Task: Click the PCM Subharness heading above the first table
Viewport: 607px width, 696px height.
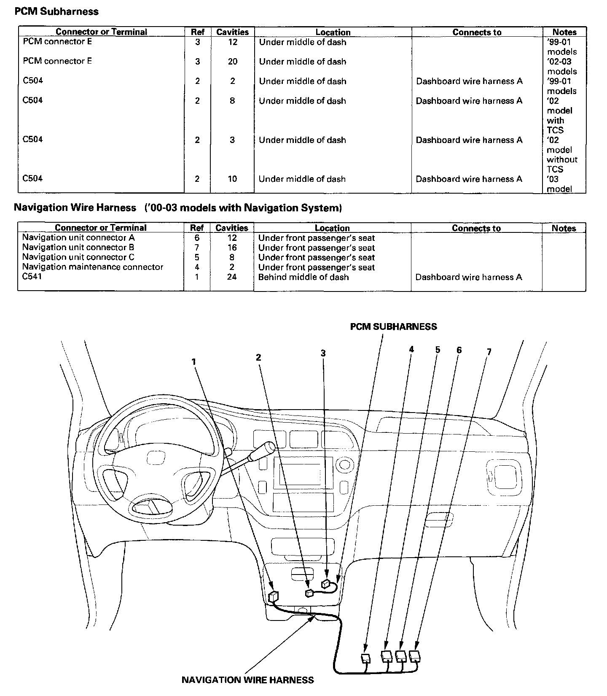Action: (x=56, y=11)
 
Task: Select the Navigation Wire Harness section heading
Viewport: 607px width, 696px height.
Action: (x=75, y=208)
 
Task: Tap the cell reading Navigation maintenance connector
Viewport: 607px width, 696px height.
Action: (x=92, y=267)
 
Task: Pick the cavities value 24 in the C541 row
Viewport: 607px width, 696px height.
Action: (x=232, y=277)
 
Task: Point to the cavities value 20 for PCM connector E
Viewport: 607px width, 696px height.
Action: (x=233, y=62)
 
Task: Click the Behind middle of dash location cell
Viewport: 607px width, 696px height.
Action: (x=303, y=277)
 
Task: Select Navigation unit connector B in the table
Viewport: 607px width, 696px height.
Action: (x=78, y=248)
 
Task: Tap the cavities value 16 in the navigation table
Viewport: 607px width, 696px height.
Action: (x=232, y=248)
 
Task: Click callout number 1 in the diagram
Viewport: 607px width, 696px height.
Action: (x=193, y=362)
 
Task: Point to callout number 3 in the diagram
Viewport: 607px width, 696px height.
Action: (x=323, y=353)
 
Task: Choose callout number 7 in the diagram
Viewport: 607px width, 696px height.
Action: (x=489, y=352)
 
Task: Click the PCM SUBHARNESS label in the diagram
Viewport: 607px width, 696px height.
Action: (x=394, y=326)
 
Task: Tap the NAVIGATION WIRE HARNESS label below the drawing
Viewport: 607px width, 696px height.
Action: (x=247, y=680)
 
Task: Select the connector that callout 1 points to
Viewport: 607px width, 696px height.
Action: (x=273, y=596)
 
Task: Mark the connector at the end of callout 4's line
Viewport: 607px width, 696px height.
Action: (x=365, y=658)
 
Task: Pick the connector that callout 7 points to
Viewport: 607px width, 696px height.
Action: (x=415, y=656)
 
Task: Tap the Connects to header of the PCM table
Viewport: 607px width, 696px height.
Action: (x=477, y=32)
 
